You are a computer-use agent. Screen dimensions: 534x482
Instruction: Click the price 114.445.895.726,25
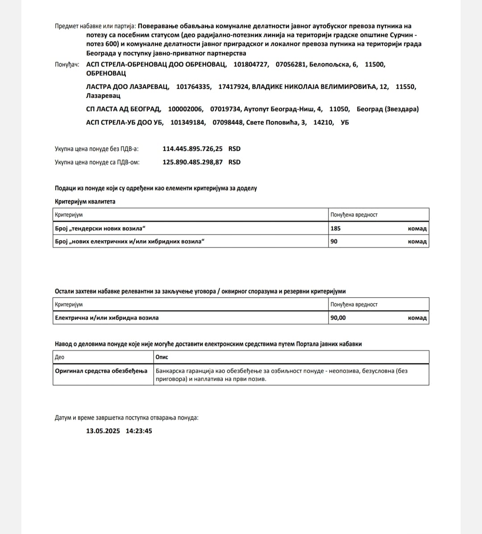192,149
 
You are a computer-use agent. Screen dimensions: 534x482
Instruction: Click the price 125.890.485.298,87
192,162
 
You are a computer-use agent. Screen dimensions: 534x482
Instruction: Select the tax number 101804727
251,64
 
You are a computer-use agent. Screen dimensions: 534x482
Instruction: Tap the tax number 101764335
194,87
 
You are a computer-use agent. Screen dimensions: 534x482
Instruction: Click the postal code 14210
324,122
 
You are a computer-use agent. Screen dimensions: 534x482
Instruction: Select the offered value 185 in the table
336,228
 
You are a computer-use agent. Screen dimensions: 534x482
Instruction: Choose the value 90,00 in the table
338,318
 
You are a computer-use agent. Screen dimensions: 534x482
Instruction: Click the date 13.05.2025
103,431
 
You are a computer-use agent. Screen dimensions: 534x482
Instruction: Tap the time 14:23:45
139,431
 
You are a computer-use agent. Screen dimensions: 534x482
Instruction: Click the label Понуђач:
67,64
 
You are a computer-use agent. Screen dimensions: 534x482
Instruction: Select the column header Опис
162,357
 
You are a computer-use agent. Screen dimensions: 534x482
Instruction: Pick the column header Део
59,357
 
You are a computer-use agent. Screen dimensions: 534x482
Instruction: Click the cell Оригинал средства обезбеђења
101,371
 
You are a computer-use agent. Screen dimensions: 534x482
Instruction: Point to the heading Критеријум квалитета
85,201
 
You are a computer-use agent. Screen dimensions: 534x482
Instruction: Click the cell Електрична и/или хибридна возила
107,318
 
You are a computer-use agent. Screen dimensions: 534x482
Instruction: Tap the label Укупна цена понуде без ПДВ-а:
97,149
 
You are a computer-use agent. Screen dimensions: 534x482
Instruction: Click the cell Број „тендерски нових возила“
100,228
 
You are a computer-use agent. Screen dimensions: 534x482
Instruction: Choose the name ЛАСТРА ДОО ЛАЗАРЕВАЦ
128,87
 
